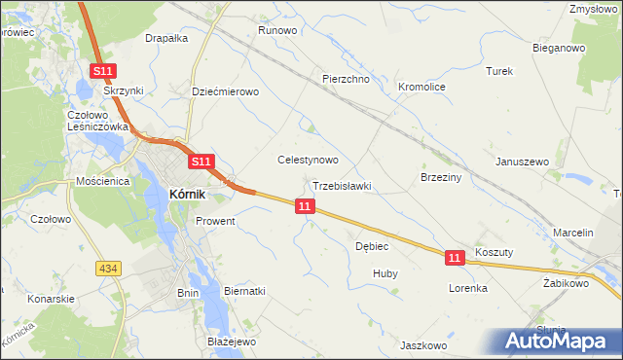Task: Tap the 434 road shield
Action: (x=108, y=267)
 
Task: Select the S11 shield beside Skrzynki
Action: (x=104, y=71)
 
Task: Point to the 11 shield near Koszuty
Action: (x=455, y=257)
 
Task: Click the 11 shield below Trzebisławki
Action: (x=306, y=206)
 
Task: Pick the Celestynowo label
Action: (x=308, y=160)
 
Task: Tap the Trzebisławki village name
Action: (x=342, y=185)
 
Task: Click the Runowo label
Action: (x=276, y=30)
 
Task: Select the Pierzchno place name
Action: (x=346, y=79)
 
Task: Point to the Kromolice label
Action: (x=421, y=87)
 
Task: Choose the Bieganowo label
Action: (x=558, y=47)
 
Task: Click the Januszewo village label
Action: (x=523, y=162)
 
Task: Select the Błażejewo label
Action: (x=231, y=342)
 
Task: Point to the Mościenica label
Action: (x=104, y=181)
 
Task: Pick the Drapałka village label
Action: (x=165, y=39)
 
